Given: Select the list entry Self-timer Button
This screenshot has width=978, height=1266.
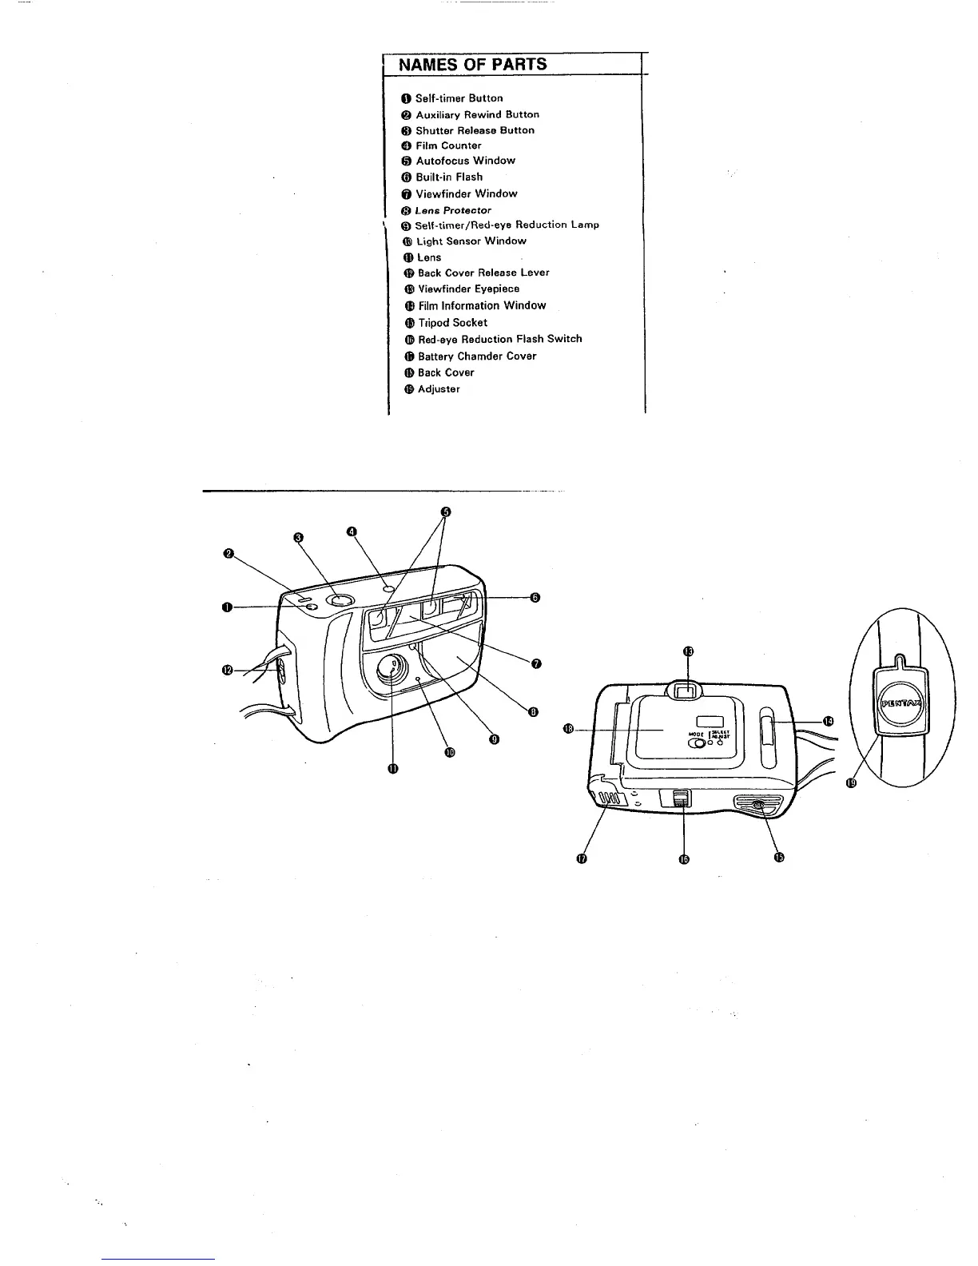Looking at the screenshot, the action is (459, 98).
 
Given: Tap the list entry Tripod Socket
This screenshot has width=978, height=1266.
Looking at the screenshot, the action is (452, 323).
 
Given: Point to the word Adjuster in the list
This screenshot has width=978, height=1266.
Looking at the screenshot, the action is (439, 389).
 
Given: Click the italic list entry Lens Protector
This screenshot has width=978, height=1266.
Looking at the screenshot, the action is (453, 210).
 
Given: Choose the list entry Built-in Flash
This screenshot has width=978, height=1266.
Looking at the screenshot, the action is (449, 177).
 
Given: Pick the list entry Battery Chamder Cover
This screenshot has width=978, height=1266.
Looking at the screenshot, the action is (477, 356).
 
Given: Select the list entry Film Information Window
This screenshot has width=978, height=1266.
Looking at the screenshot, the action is (482, 305).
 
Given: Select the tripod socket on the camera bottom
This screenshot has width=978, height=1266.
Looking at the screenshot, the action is (758, 807).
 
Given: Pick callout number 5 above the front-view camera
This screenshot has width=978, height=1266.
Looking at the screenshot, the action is (446, 512).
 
